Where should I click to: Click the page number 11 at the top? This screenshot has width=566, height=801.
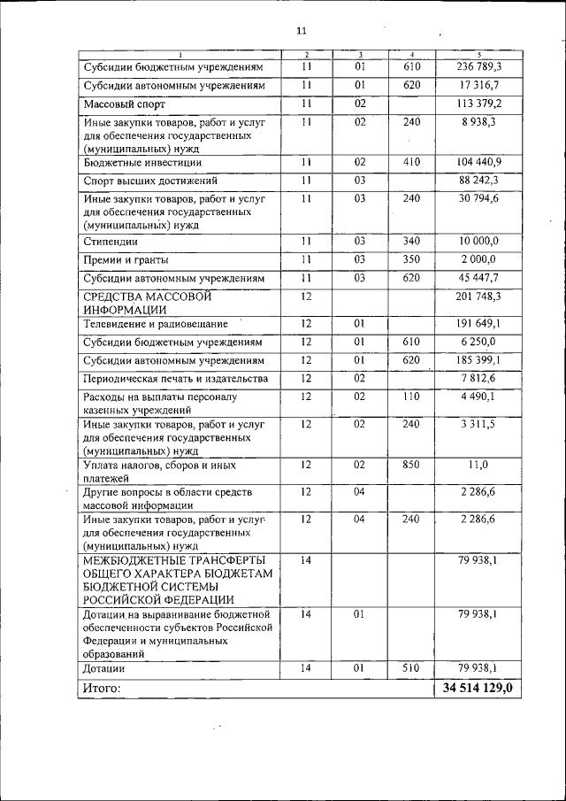tap(301, 31)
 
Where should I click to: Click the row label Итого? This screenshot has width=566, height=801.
tap(102, 688)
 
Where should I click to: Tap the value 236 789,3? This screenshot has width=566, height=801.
tap(478, 66)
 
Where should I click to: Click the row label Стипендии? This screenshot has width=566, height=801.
tap(111, 241)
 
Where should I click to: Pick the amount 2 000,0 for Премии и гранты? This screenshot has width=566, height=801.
tap(478, 259)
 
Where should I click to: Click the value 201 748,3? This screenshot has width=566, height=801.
tap(478, 297)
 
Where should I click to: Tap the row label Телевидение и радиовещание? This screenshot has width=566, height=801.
tap(156, 324)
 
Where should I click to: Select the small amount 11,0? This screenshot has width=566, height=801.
tap(478, 463)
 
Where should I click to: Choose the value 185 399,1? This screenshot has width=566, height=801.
tap(478, 360)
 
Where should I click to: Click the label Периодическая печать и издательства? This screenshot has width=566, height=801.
tap(175, 379)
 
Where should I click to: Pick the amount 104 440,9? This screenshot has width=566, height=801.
tap(478, 162)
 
